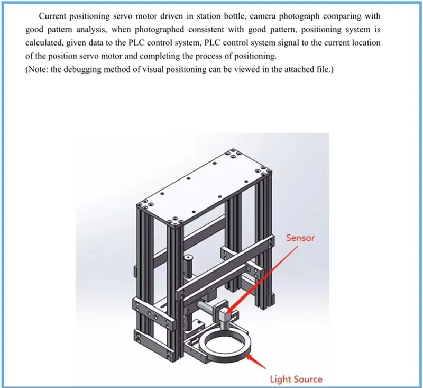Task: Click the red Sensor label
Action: point(300,238)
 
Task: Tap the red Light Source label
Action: point(296,378)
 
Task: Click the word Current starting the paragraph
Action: point(54,16)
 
